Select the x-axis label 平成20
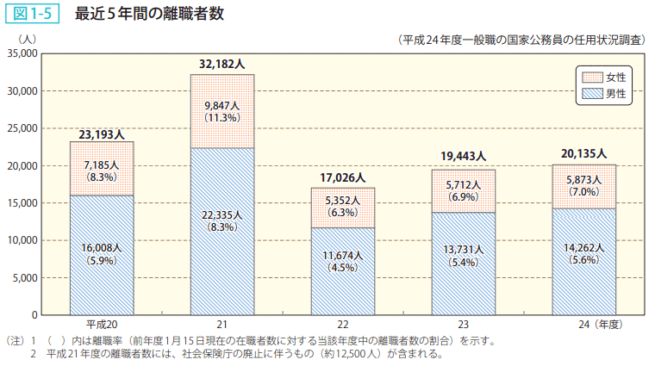(x=102, y=325)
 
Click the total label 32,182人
(x=221, y=65)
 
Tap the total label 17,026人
(x=342, y=178)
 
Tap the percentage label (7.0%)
(x=583, y=191)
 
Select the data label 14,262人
(x=583, y=246)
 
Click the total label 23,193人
(x=102, y=134)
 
